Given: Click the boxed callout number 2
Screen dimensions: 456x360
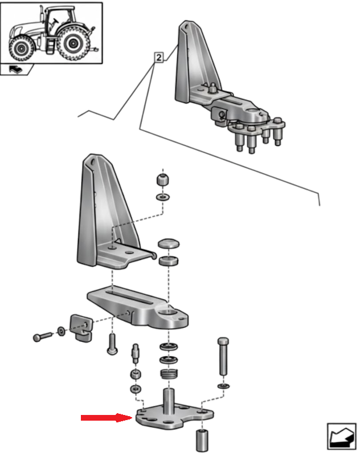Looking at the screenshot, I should [x=158, y=58].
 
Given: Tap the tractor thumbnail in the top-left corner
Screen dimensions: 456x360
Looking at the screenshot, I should [x=52, y=32].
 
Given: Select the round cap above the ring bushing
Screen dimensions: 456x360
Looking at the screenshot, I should [x=169, y=244].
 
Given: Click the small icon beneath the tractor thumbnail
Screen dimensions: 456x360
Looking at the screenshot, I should [x=17, y=70].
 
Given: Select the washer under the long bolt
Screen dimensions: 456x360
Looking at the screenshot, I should [x=223, y=387].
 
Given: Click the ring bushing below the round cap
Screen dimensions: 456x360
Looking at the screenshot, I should [x=169, y=262].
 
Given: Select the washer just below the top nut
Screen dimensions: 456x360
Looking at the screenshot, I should [x=162, y=197].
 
